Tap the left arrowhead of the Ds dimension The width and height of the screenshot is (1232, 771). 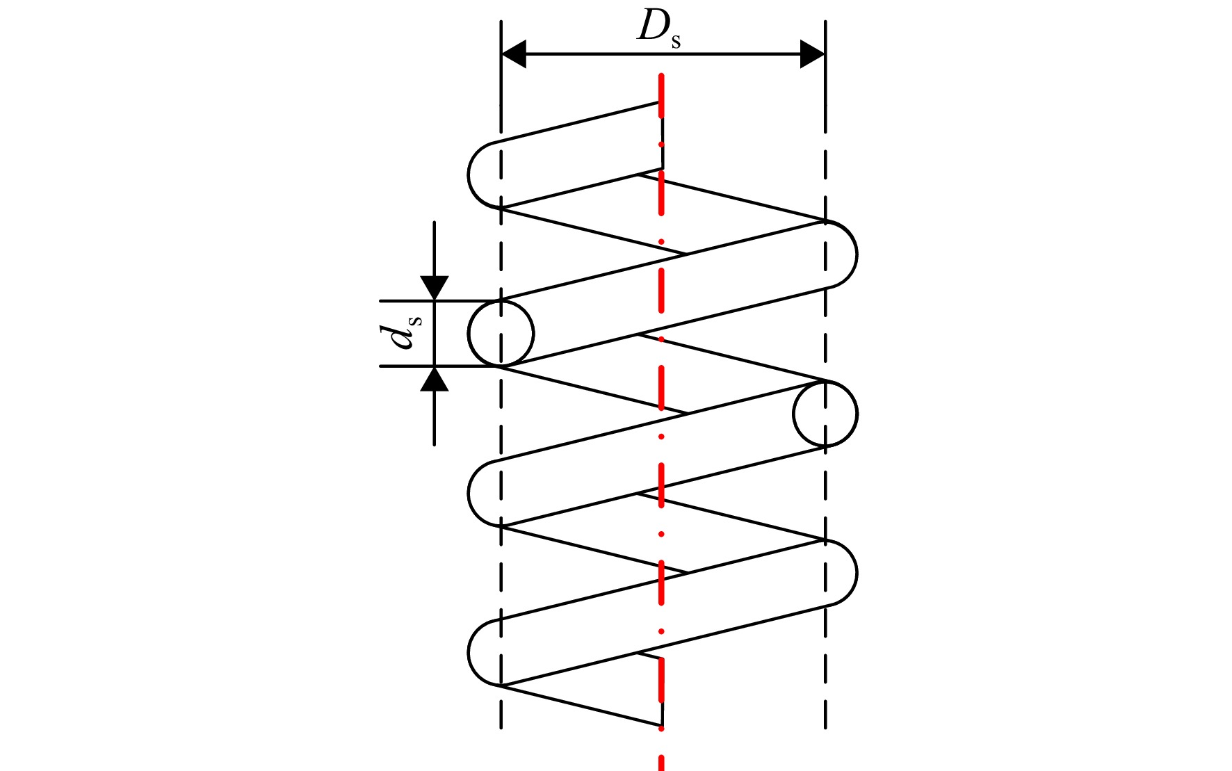point(514,54)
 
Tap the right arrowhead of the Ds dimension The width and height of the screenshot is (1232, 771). point(812,54)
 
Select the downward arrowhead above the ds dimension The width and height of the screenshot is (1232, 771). point(435,288)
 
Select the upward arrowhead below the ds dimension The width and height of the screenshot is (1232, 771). point(435,379)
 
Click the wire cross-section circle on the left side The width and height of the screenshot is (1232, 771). point(501,333)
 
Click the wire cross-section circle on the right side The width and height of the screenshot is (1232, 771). point(825,414)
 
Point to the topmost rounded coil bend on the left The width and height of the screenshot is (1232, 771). point(469,175)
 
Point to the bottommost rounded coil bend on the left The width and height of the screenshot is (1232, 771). point(469,652)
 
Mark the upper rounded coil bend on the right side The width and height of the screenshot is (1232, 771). point(857,254)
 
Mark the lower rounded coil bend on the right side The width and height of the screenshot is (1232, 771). point(857,573)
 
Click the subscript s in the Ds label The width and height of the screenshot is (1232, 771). point(676,42)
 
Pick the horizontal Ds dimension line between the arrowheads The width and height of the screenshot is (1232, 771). point(663,54)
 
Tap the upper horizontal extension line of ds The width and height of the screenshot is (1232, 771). point(441,301)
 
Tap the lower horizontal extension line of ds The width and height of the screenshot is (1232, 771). point(441,366)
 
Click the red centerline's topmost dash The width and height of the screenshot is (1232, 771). point(662,95)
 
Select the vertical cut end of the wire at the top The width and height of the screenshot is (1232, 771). point(662,136)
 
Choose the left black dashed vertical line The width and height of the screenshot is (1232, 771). point(501,375)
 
